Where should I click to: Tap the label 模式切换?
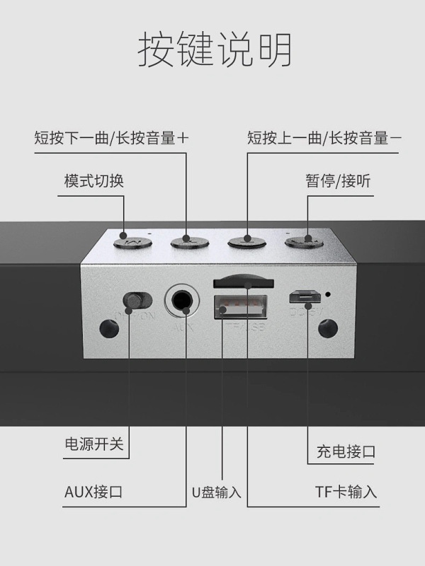tap(93, 181)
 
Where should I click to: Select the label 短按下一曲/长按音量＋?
tap(112, 138)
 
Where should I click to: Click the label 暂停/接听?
tap(338, 181)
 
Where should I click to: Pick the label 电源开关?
tap(93, 444)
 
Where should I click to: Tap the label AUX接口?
tap(93, 492)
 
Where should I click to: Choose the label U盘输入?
tap(216, 492)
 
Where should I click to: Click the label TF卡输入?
tap(346, 492)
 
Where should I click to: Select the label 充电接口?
tap(346, 451)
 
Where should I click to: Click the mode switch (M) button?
tap(132, 243)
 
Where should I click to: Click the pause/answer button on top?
tap(305, 243)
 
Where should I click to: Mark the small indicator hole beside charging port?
tap(329, 294)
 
